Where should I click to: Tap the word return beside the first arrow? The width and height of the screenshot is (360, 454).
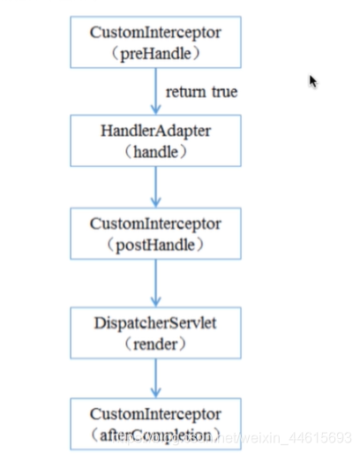186,91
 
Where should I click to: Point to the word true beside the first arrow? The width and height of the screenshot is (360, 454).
223,91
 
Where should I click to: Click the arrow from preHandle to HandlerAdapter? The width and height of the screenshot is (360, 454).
155,88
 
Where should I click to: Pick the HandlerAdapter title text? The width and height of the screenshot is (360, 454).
154,129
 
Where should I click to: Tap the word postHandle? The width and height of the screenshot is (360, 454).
155,245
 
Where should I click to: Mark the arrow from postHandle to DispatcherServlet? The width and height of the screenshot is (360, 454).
155,283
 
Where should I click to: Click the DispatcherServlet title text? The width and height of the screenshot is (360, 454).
154,323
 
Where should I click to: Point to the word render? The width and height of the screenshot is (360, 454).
155,344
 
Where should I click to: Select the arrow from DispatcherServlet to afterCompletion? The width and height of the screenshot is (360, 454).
155,378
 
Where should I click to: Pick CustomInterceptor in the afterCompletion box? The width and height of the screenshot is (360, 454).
154,415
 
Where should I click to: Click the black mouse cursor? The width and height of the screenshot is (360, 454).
313,81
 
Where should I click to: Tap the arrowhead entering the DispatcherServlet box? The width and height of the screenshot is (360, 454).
155,300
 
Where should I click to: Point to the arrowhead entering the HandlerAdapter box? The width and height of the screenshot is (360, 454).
155,107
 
